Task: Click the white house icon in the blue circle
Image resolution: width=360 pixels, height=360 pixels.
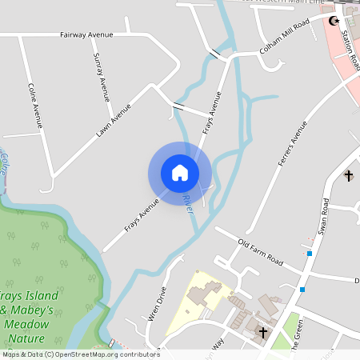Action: click(x=180, y=173)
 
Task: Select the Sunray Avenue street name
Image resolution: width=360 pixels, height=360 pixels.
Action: click(x=102, y=77)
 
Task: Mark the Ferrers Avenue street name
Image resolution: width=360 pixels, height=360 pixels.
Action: click(x=293, y=144)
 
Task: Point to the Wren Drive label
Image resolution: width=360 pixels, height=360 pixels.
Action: click(x=157, y=303)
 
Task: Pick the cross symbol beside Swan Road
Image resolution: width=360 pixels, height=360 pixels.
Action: click(x=349, y=175)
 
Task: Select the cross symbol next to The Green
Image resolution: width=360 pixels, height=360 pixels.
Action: click(x=262, y=330)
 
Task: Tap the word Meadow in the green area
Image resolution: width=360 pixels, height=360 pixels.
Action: click(x=26, y=325)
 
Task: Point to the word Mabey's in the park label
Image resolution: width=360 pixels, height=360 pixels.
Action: click(x=31, y=310)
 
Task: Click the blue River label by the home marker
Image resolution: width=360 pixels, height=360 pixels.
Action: click(x=189, y=203)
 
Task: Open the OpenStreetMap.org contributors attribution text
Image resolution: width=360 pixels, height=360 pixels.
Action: click(x=104, y=354)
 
